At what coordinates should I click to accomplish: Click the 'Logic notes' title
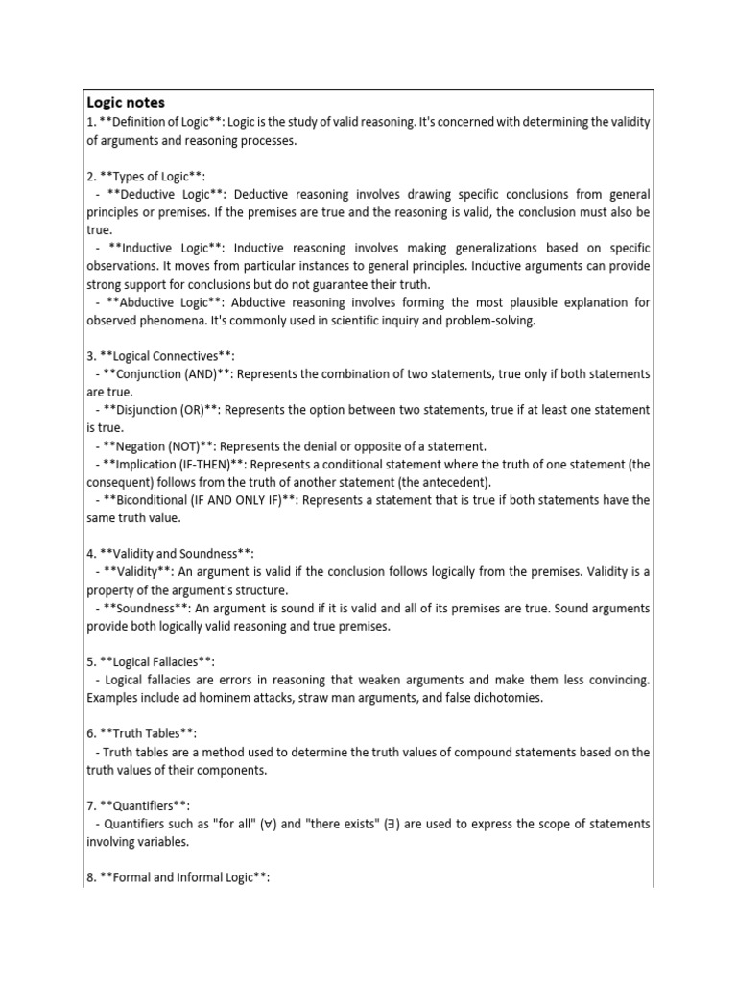pyautogui.click(x=126, y=102)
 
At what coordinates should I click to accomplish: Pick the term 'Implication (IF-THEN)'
pyautogui.click(x=170, y=465)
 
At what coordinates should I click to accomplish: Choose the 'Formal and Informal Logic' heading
pyautogui.click(x=182, y=877)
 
